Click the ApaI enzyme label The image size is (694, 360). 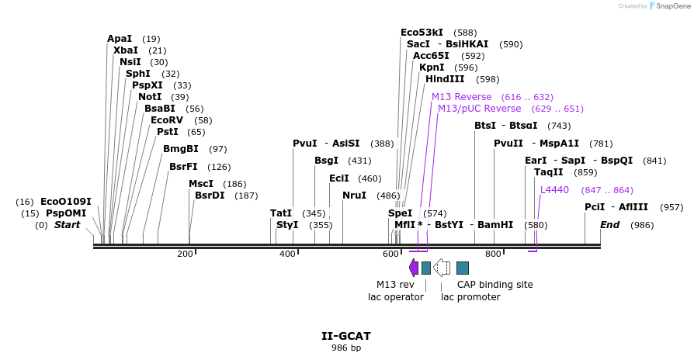(120, 39)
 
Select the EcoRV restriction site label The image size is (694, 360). (166, 120)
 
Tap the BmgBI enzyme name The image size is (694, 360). (180, 149)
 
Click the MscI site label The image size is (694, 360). (201, 184)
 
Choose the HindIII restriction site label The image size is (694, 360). (445, 79)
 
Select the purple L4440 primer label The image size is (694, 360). (554, 190)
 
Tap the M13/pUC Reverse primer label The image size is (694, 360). (479, 109)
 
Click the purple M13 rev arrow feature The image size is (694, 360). (413, 268)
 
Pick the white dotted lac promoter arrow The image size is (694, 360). (442, 268)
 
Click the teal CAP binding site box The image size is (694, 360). (463, 268)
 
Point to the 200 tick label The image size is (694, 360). (185, 254)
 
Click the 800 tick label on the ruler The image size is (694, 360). (493, 254)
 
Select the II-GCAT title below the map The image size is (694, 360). (346, 336)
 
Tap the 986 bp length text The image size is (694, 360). (346, 348)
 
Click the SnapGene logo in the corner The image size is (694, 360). (665, 6)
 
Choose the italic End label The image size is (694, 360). (610, 225)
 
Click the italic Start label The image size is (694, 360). (67, 225)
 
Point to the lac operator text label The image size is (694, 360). (396, 296)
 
